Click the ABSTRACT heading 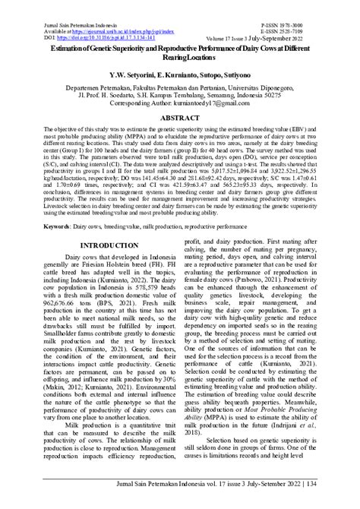point(179,119)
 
